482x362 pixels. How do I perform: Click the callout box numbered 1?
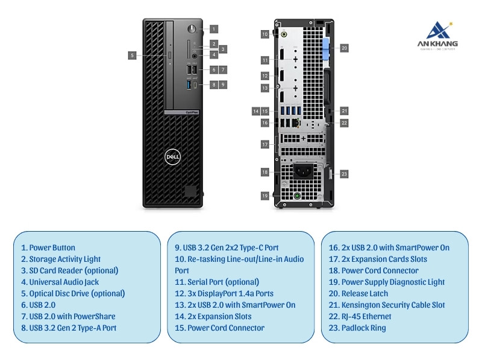[x=214, y=28]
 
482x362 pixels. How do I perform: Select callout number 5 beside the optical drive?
[x=132, y=55]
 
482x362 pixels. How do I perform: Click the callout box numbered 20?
[x=344, y=48]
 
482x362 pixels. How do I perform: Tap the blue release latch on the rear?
[x=327, y=48]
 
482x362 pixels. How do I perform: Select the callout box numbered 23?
[x=344, y=174]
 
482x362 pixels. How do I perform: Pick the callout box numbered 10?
[x=264, y=34]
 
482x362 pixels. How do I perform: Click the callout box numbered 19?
[x=264, y=195]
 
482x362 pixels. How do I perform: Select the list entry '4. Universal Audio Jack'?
[x=60, y=282]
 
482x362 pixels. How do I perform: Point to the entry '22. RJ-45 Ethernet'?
[x=360, y=316]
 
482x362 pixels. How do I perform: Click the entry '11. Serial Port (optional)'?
[x=217, y=282]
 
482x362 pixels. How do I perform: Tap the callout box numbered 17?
[x=264, y=145]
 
